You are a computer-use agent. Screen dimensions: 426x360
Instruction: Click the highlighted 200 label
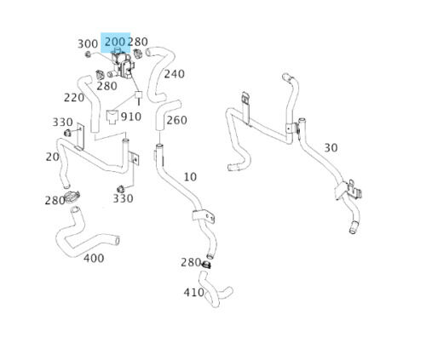click(x=115, y=42)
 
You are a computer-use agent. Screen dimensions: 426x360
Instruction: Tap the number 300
click(x=88, y=44)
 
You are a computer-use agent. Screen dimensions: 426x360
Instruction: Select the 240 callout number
click(x=175, y=74)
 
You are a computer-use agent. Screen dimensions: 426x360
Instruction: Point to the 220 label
click(x=74, y=98)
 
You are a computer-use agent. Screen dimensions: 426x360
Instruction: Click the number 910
click(x=131, y=117)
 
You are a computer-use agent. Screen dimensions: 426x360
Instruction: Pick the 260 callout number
click(x=176, y=120)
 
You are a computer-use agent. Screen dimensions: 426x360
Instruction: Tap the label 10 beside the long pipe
click(x=190, y=177)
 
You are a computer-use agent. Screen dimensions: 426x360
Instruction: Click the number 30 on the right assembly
click(x=331, y=148)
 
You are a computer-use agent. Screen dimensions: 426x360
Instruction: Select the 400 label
click(x=94, y=258)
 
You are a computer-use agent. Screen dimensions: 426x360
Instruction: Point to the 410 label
click(x=193, y=292)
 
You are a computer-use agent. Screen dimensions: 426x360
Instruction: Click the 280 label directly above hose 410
click(x=191, y=262)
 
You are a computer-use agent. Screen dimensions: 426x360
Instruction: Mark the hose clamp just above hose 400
click(x=72, y=197)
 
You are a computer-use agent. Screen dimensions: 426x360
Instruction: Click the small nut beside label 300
click(x=88, y=54)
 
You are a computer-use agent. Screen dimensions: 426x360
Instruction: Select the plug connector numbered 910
click(x=112, y=117)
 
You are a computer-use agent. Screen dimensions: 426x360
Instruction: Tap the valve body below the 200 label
click(x=123, y=64)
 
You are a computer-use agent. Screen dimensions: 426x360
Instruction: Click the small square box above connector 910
click(x=138, y=94)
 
